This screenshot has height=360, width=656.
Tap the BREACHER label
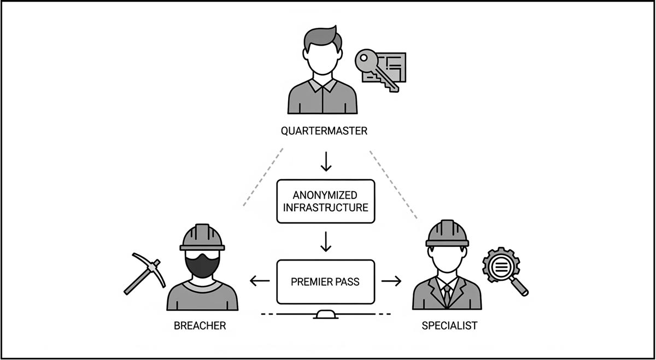click(x=200, y=326)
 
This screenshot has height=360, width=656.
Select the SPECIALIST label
click(x=449, y=326)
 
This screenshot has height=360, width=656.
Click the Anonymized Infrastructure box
click(x=326, y=201)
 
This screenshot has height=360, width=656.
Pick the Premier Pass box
click(x=326, y=282)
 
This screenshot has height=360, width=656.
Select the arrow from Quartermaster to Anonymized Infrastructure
click(x=326, y=161)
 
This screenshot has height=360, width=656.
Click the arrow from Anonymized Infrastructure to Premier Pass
click(x=326, y=241)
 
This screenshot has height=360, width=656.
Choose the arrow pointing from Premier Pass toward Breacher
click(x=259, y=281)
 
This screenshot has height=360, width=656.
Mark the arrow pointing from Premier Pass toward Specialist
click(x=391, y=281)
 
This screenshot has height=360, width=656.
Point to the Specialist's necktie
click(x=448, y=295)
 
